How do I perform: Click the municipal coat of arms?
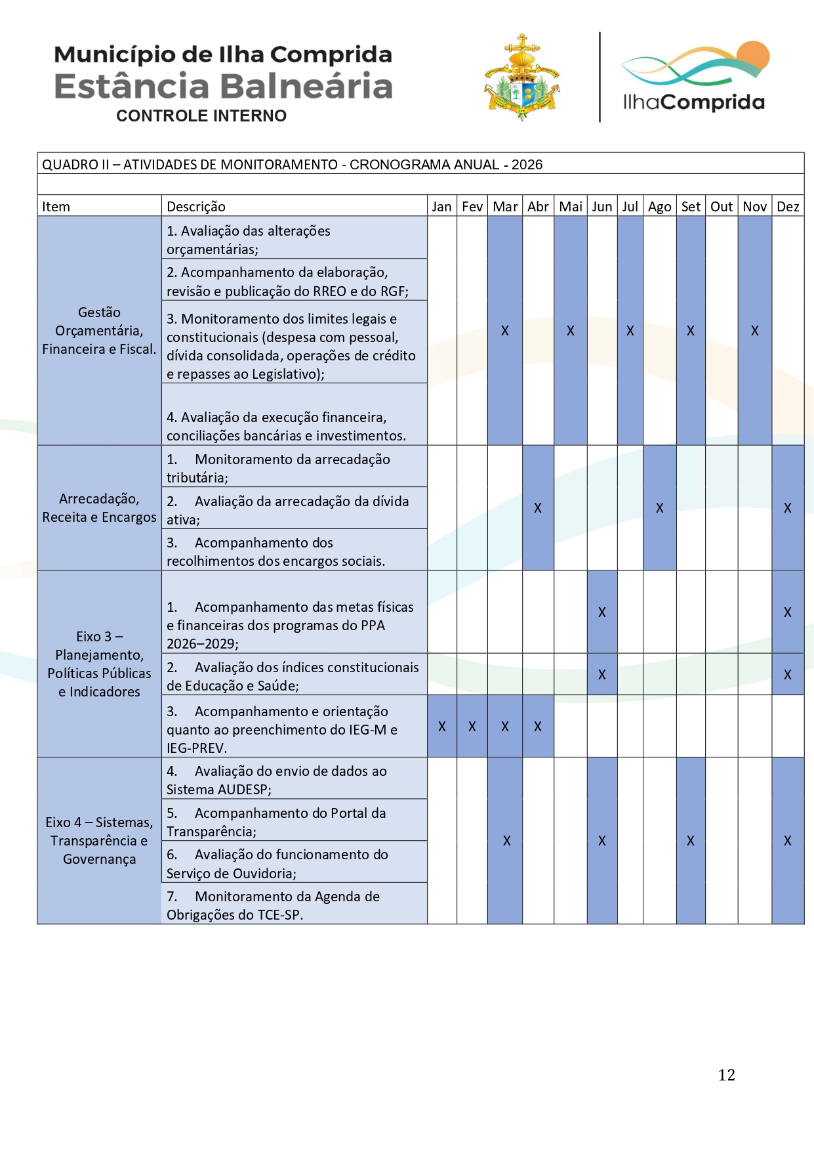click(x=522, y=79)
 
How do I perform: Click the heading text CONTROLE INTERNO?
click(x=201, y=116)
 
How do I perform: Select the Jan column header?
click(x=441, y=207)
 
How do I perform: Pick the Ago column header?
click(x=659, y=207)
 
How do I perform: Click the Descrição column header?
click(x=196, y=207)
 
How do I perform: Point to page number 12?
click(x=726, y=1075)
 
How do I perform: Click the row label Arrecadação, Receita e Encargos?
click(x=99, y=508)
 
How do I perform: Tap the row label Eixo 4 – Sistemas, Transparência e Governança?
click(x=99, y=840)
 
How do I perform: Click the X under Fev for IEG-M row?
click(x=472, y=727)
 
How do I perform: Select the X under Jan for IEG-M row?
click(x=442, y=727)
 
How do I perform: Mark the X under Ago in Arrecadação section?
click(x=660, y=508)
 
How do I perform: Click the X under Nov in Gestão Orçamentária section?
click(x=755, y=331)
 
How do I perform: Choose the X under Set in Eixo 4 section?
click(x=691, y=841)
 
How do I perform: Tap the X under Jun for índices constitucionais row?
click(x=602, y=675)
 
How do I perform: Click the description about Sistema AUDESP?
click(x=276, y=780)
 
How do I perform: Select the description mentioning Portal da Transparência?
click(x=276, y=822)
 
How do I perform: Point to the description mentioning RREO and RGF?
click(x=287, y=282)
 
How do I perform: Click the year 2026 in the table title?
click(x=527, y=165)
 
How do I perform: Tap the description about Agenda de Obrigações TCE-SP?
click(x=273, y=905)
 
